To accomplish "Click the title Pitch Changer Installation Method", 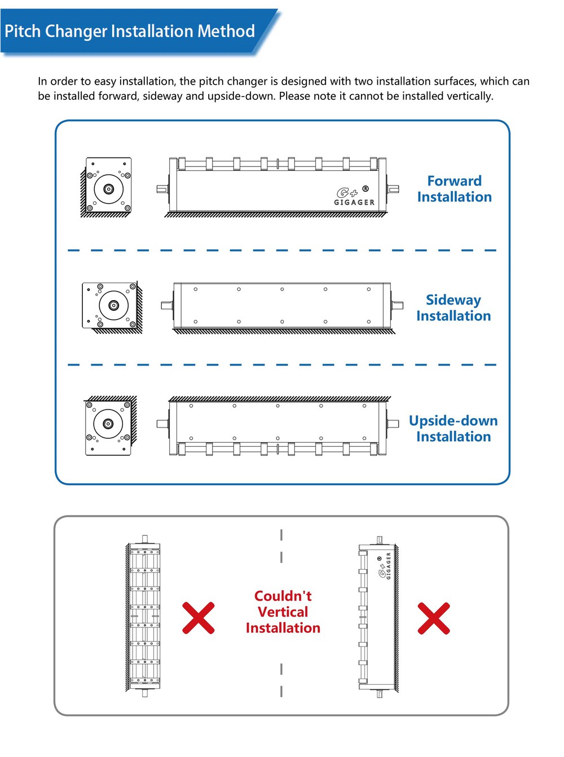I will (130, 31).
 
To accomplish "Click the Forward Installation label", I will (454, 189).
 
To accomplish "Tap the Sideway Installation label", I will (453, 308).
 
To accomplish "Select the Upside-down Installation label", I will (453, 429).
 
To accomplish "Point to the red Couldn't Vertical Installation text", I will (283, 612).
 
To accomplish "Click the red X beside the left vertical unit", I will (199, 618).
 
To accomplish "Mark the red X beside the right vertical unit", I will (434, 618).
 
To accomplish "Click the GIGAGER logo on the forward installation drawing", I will (354, 197).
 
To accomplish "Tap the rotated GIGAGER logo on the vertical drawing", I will (385, 566).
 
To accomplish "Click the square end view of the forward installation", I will (108, 186).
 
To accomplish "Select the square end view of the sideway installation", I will (112, 306).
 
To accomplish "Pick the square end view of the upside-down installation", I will (108, 425).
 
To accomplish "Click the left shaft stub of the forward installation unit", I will (162, 189).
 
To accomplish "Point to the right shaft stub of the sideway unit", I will (398, 305).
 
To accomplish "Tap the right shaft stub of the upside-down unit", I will (393, 423).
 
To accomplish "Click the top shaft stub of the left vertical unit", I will (145, 539).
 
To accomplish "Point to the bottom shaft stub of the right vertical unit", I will (380, 694).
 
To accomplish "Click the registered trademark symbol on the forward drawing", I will (365, 188).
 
